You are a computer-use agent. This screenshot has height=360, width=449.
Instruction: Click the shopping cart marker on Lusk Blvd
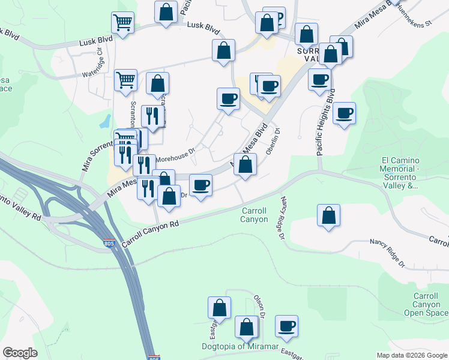(122, 23)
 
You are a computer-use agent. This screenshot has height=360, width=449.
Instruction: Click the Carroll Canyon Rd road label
(151, 233)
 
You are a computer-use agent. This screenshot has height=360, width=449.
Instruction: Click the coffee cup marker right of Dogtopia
(287, 326)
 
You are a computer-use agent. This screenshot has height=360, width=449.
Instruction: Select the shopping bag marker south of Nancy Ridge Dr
(329, 216)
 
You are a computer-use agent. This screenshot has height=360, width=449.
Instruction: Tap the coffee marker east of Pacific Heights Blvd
(345, 113)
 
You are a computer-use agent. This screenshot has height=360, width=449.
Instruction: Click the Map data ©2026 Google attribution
(412, 355)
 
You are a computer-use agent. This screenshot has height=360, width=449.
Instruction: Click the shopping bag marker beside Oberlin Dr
(246, 164)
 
